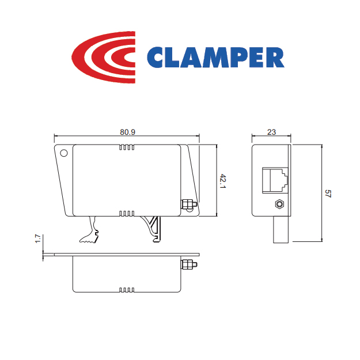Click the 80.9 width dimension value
[127, 132]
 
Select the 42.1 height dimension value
[223, 181]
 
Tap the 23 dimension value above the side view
[271, 132]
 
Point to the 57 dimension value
[328, 194]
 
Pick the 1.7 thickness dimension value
[38, 238]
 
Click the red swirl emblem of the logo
[103, 57]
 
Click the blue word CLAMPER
[215, 58]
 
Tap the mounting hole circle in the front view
[64, 153]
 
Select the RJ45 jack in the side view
[275, 180]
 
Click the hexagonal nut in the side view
[279, 204]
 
